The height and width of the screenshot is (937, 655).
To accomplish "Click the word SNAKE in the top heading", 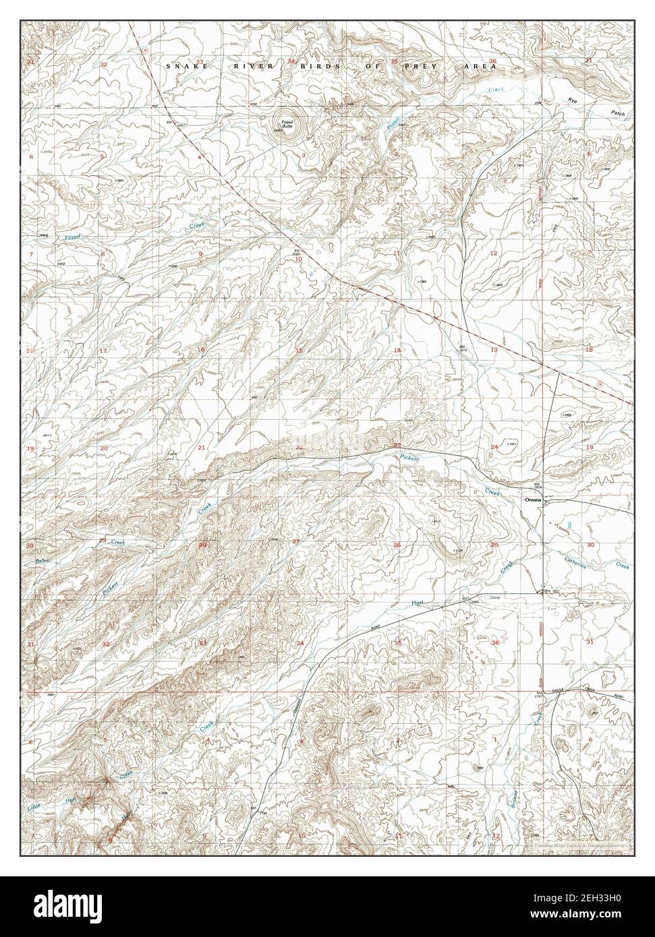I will pos(180,66).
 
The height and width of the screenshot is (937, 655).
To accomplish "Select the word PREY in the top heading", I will pos(423,66).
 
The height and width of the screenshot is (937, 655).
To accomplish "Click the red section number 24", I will pos(494,447).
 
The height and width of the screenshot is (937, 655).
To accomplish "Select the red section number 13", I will pos(494,350).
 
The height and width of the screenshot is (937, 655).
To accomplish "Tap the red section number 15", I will pos(299,351).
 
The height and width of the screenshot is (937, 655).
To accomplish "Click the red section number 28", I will pos(202,545).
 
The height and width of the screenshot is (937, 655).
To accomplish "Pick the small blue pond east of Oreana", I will pos(571,524).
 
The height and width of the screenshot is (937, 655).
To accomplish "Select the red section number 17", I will pos(104,351).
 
